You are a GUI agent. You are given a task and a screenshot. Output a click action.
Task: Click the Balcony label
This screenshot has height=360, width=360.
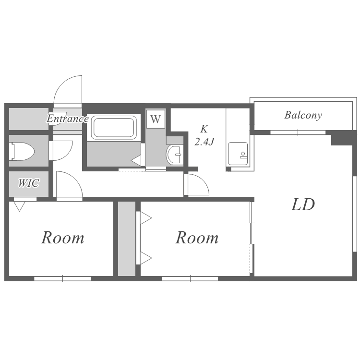click(303, 115)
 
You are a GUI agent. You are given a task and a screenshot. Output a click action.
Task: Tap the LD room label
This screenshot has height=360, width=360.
click(303, 204)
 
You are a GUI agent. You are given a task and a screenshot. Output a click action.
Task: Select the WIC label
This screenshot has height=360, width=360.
click(29, 183)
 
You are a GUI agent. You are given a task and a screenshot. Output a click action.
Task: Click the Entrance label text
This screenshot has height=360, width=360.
click(68, 119)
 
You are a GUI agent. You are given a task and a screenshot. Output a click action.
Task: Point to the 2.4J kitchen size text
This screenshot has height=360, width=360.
click(204, 141)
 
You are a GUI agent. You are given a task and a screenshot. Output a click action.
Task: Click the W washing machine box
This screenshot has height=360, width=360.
click(156, 119)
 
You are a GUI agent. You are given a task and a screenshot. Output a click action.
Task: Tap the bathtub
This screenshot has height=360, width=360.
click(114, 128)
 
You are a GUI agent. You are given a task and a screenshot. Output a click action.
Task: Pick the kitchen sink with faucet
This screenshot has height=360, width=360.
click(238, 154)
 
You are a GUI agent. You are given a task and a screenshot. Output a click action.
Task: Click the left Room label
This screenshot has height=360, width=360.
click(63, 238)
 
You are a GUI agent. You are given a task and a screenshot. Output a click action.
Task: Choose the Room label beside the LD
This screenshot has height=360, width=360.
click(197, 238)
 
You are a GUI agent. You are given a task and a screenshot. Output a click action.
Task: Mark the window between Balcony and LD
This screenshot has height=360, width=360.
click(298, 132)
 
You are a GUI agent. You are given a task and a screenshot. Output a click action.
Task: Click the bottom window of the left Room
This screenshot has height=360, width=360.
click(62, 279)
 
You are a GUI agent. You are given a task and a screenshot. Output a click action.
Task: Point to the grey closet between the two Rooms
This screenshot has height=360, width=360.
click(127, 239)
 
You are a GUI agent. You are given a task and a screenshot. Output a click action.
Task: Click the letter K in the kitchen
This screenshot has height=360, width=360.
click(204, 129)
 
